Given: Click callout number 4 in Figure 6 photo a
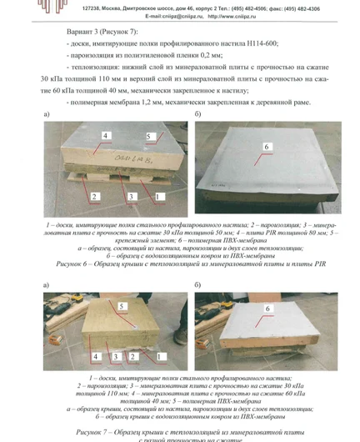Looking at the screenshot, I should pyautogui.click(x=106, y=135).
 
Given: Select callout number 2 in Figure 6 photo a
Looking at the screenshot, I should pyautogui.click(x=95, y=195).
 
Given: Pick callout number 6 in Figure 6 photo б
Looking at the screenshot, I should pyautogui.click(x=266, y=147).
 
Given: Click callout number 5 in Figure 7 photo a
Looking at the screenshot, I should pyautogui.click(x=122, y=307).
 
